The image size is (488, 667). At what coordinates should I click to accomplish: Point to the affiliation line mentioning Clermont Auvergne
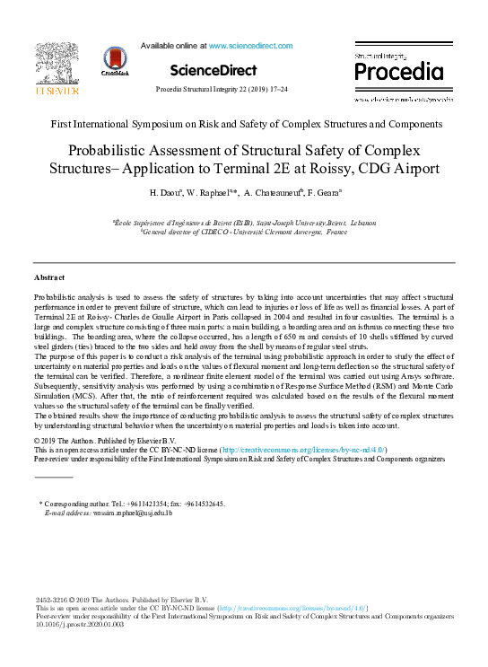(x=243, y=231)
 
